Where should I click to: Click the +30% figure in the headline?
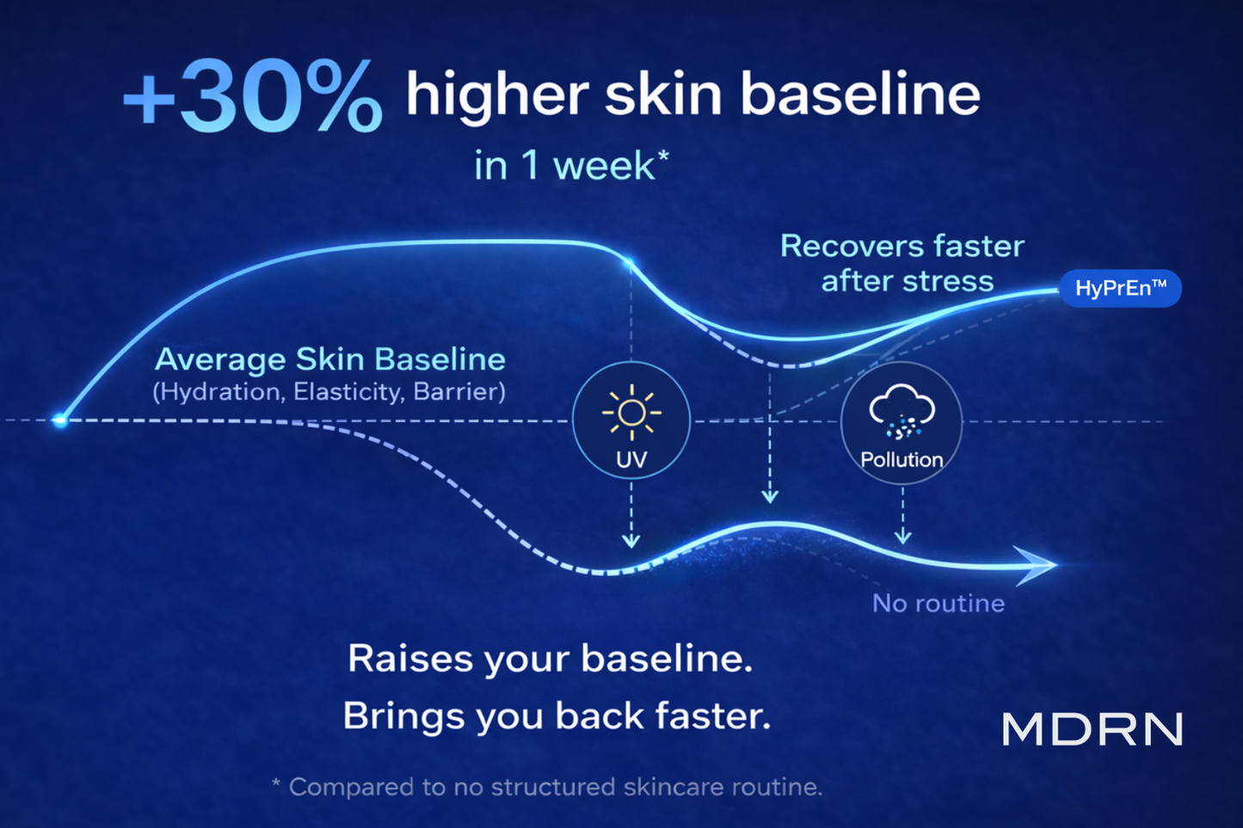click(x=253, y=96)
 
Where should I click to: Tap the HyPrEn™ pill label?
click(x=1120, y=288)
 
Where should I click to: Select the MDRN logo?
click(x=1092, y=729)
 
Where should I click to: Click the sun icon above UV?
click(x=631, y=413)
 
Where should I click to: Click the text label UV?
click(x=631, y=460)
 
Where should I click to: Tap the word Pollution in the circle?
click(x=901, y=460)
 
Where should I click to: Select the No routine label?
click(x=938, y=604)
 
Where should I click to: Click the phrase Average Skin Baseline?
click(x=330, y=359)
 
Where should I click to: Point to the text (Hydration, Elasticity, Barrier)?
click(x=329, y=392)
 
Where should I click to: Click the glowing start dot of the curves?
click(x=60, y=420)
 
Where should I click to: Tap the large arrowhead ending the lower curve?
click(x=1036, y=565)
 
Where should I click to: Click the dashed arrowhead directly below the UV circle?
click(x=631, y=541)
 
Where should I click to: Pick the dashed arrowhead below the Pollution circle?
click(x=903, y=537)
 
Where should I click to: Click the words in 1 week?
click(x=571, y=165)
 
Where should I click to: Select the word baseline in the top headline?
click(x=861, y=94)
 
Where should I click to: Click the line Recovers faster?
click(x=902, y=246)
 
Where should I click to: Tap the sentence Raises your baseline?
click(x=550, y=659)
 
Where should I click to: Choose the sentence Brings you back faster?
click(x=557, y=716)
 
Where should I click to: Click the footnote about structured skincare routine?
click(x=546, y=787)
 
